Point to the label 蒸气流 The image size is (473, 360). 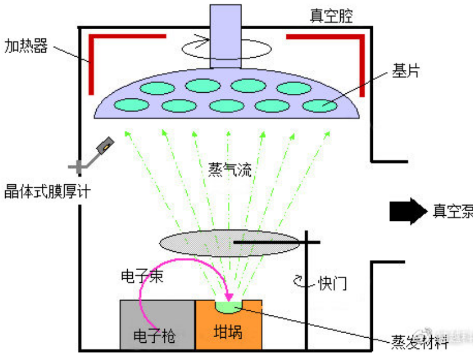[x=230, y=169]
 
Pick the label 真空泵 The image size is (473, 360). [x=452, y=211]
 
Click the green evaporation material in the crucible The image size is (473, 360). [x=230, y=308]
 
